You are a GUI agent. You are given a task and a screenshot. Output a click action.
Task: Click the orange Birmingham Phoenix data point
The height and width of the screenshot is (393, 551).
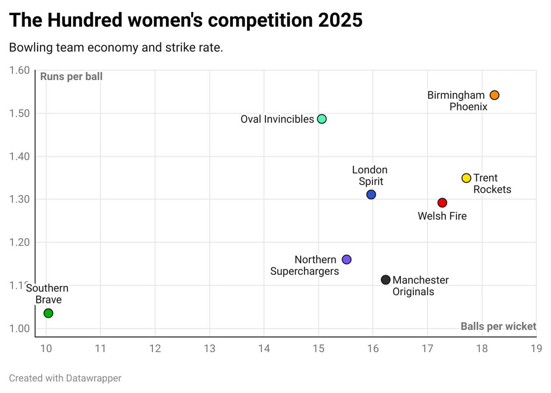(494, 95)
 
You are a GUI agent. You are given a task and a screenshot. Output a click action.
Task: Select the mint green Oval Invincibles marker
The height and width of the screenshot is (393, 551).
(322, 119)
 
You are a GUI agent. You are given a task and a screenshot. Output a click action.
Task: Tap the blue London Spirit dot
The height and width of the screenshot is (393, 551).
(371, 194)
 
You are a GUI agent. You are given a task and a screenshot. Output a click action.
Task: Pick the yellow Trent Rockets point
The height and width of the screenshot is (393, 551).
(466, 178)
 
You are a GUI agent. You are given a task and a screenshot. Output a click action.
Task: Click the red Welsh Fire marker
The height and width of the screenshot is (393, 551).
(442, 203)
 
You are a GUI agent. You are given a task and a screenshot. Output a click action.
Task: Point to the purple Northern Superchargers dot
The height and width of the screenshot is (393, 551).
(347, 259)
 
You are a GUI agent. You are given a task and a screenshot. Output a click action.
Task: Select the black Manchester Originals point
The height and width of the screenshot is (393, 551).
(386, 279)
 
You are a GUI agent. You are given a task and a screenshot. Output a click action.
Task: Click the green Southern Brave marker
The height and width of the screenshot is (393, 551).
(48, 313)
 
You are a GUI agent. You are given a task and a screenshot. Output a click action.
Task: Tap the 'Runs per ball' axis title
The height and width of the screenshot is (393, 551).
(71, 77)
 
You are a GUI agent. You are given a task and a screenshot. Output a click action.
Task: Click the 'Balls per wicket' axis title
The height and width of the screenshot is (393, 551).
(498, 326)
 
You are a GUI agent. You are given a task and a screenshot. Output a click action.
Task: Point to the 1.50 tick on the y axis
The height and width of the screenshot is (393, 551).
(20, 114)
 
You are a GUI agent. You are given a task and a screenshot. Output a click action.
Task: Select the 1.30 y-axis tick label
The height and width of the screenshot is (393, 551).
(20, 199)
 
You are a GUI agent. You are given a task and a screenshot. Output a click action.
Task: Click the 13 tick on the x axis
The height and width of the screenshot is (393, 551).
(209, 348)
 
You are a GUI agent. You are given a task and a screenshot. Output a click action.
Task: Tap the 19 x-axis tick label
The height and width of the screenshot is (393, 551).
(535, 348)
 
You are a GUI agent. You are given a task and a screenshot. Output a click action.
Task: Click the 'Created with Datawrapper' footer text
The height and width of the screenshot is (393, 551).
(65, 378)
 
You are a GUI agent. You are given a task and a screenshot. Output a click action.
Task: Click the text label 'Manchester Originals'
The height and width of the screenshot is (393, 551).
(420, 285)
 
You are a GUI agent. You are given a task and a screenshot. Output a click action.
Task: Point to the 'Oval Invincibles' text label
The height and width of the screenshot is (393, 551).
(277, 120)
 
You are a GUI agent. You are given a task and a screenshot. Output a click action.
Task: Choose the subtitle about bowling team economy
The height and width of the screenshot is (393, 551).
(116, 48)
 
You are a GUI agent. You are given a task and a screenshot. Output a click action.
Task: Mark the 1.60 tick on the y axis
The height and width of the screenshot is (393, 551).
(20, 70)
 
